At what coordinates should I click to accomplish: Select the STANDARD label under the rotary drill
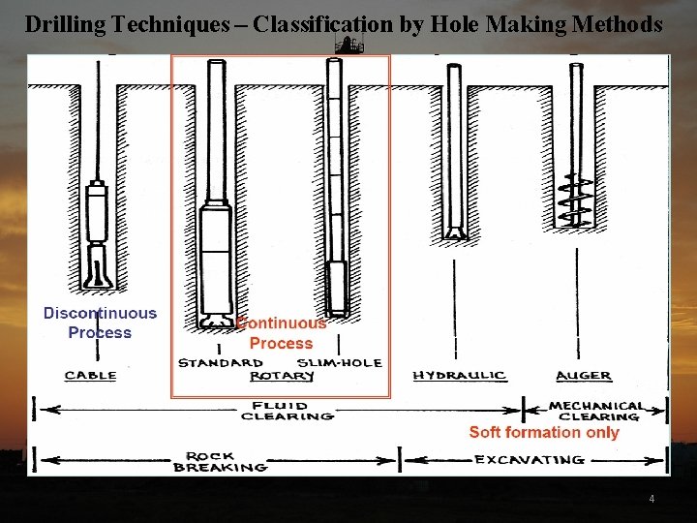[x=220, y=363]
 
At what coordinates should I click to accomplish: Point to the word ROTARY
[x=281, y=376]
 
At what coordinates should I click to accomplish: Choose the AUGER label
[x=583, y=375]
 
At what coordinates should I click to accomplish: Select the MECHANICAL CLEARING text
[x=595, y=411]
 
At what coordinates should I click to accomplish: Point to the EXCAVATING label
[x=529, y=459]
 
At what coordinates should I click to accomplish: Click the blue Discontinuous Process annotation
[x=100, y=323]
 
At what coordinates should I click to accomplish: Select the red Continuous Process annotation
[x=282, y=333]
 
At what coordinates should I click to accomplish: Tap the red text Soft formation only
[x=543, y=432]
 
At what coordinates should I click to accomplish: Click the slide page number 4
[x=652, y=499]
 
